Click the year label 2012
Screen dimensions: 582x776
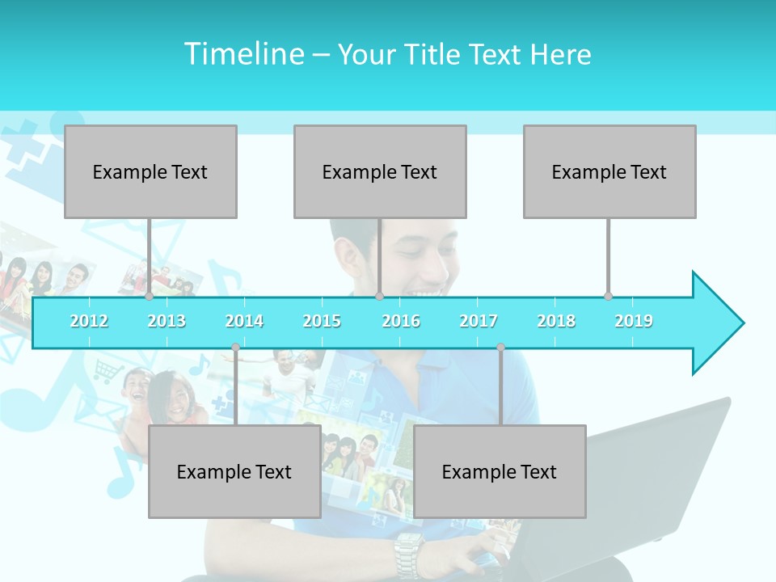[x=89, y=321]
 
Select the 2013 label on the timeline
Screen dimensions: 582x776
[x=167, y=321]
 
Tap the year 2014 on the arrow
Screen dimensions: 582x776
[x=244, y=321]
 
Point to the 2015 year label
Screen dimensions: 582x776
[x=322, y=321]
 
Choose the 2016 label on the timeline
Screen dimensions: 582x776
[x=401, y=321]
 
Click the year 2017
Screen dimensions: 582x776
[x=479, y=321]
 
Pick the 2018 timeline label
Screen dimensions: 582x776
[x=556, y=321]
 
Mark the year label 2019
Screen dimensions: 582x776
[x=634, y=321]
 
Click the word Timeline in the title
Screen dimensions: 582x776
[x=242, y=54]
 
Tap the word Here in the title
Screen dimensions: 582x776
[x=560, y=54]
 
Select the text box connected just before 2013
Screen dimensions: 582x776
[x=150, y=171]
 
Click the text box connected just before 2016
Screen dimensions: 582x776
[x=380, y=171]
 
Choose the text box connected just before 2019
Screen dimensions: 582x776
[x=609, y=171]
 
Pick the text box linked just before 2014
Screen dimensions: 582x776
[x=234, y=471]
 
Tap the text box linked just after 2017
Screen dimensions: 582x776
[x=500, y=471]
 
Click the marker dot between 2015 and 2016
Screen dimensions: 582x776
[x=380, y=297]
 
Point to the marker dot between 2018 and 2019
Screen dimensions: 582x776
[x=609, y=297]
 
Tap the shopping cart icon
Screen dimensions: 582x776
[x=108, y=372]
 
